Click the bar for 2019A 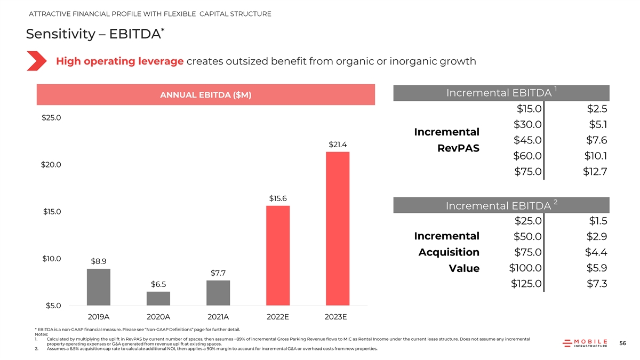(99, 287)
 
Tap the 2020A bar (158, 298)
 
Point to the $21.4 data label (338, 145)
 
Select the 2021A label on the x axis (218, 317)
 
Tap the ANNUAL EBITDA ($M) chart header (205, 95)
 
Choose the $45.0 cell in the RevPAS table (527, 140)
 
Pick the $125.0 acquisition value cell (526, 284)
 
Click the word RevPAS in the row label (458, 148)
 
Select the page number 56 (622, 344)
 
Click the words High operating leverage (120, 61)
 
